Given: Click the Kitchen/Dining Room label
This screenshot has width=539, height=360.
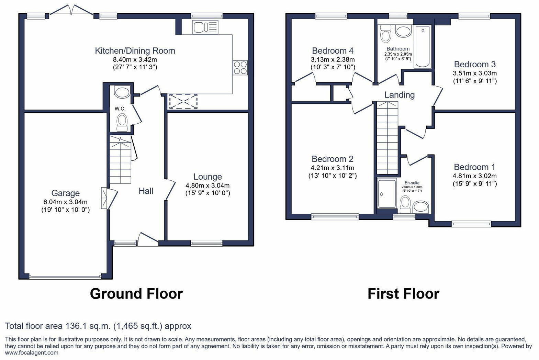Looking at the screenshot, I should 135,51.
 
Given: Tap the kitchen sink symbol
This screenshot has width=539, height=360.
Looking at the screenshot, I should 205,27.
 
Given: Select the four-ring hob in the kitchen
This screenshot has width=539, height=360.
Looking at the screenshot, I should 240,67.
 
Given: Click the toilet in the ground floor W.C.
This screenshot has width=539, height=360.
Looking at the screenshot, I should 122,122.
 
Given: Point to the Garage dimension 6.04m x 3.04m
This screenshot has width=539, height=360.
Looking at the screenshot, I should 65,202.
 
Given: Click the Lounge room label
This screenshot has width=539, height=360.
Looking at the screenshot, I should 207,177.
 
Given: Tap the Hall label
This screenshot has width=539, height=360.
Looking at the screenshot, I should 146,191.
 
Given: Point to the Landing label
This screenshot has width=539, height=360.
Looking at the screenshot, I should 399,95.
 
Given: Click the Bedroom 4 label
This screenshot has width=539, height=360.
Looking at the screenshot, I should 333,51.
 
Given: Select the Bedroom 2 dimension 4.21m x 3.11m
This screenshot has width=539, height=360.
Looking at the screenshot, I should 332,168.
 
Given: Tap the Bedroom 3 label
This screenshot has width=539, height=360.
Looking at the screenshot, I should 474,64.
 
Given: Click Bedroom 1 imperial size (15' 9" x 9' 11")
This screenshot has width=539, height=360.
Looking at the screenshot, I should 474,184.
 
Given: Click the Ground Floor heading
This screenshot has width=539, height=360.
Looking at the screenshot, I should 136,294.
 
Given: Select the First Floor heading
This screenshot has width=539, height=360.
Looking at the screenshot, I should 403,294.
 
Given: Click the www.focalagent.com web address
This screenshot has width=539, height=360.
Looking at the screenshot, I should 32,353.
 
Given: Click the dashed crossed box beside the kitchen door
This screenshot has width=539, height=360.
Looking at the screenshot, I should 183,102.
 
